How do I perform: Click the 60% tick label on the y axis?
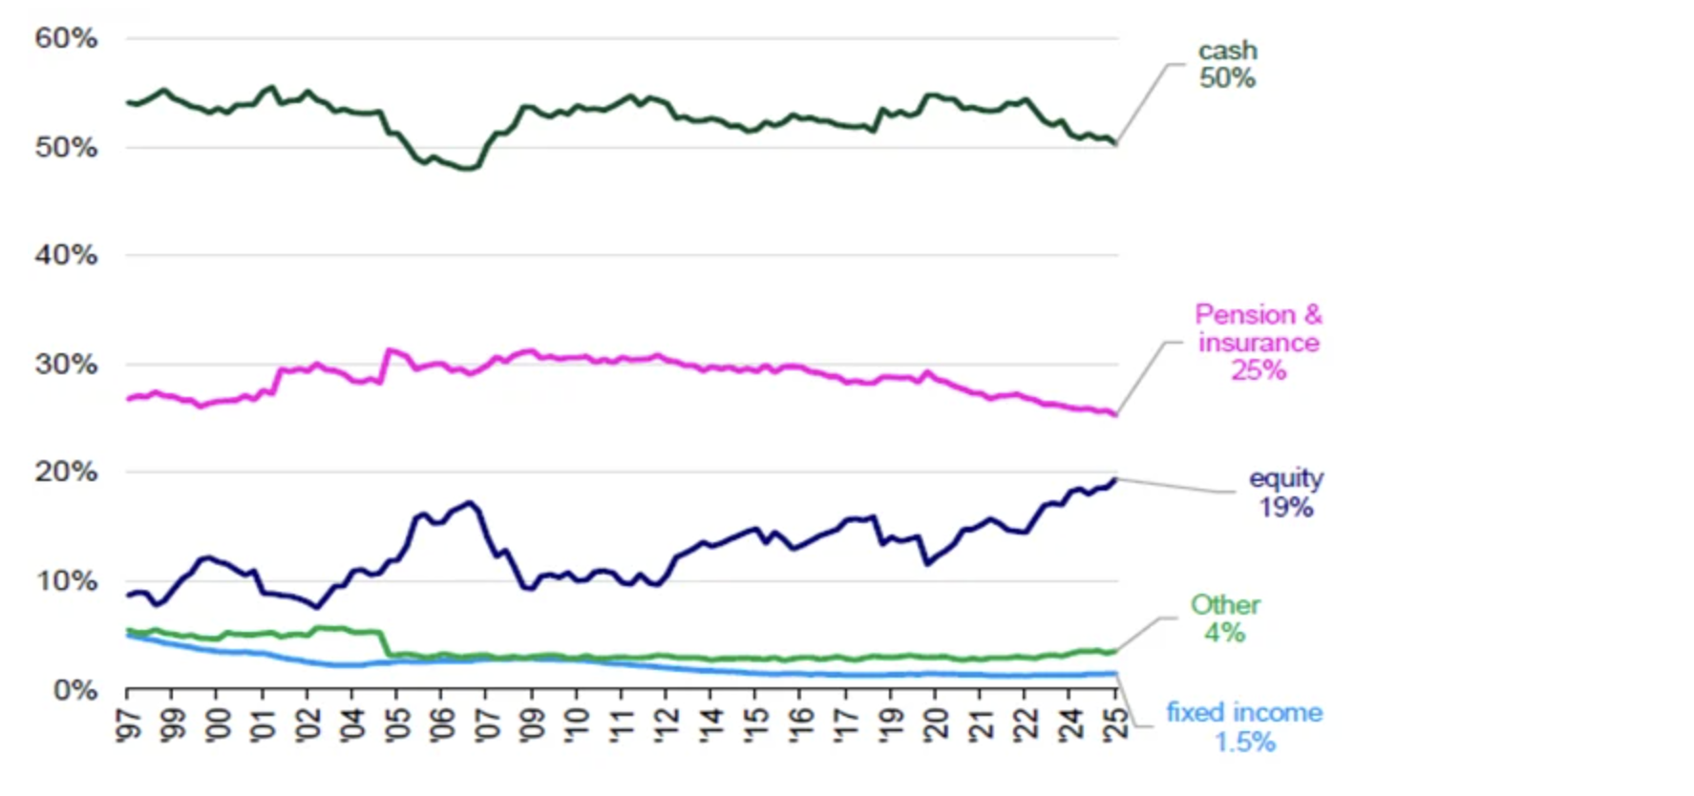(x=66, y=38)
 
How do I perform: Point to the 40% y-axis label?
(x=66, y=255)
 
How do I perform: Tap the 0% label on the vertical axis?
(x=74, y=689)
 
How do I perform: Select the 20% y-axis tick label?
(x=66, y=471)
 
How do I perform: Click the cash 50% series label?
(x=1227, y=64)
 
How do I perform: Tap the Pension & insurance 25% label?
(x=1258, y=342)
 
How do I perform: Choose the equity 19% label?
(x=1285, y=492)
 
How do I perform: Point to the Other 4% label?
(x=1224, y=618)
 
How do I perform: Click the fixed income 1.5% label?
(x=1243, y=726)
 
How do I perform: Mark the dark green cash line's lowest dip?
(x=467, y=169)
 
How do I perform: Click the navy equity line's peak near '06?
(x=469, y=502)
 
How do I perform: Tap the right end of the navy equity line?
(x=1114, y=480)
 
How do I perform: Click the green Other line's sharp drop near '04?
(x=384, y=644)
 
